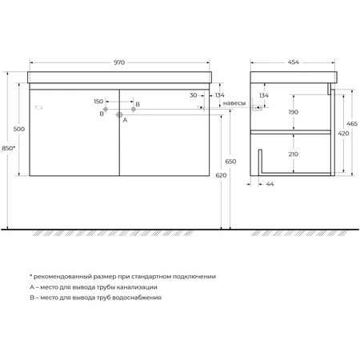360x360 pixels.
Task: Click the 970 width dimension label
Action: (119, 62)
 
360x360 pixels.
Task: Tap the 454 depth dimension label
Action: (293, 62)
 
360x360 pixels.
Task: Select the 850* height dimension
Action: (9, 148)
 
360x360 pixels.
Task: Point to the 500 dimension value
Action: (19, 129)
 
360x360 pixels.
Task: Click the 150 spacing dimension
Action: (98, 102)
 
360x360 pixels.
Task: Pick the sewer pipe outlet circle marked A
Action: (119, 114)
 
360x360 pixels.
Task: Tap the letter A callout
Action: (125, 120)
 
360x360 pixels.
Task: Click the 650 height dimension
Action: (230, 162)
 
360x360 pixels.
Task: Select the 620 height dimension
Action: (221, 175)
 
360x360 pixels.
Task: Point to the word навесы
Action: (234, 103)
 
